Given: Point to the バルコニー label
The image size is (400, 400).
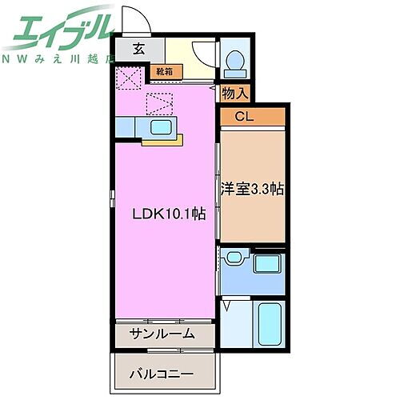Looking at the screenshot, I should pos(165,373).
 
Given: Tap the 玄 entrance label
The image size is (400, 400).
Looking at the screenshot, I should pos(138,49).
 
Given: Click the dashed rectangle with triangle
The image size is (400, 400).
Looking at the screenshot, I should pos(160,103).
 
